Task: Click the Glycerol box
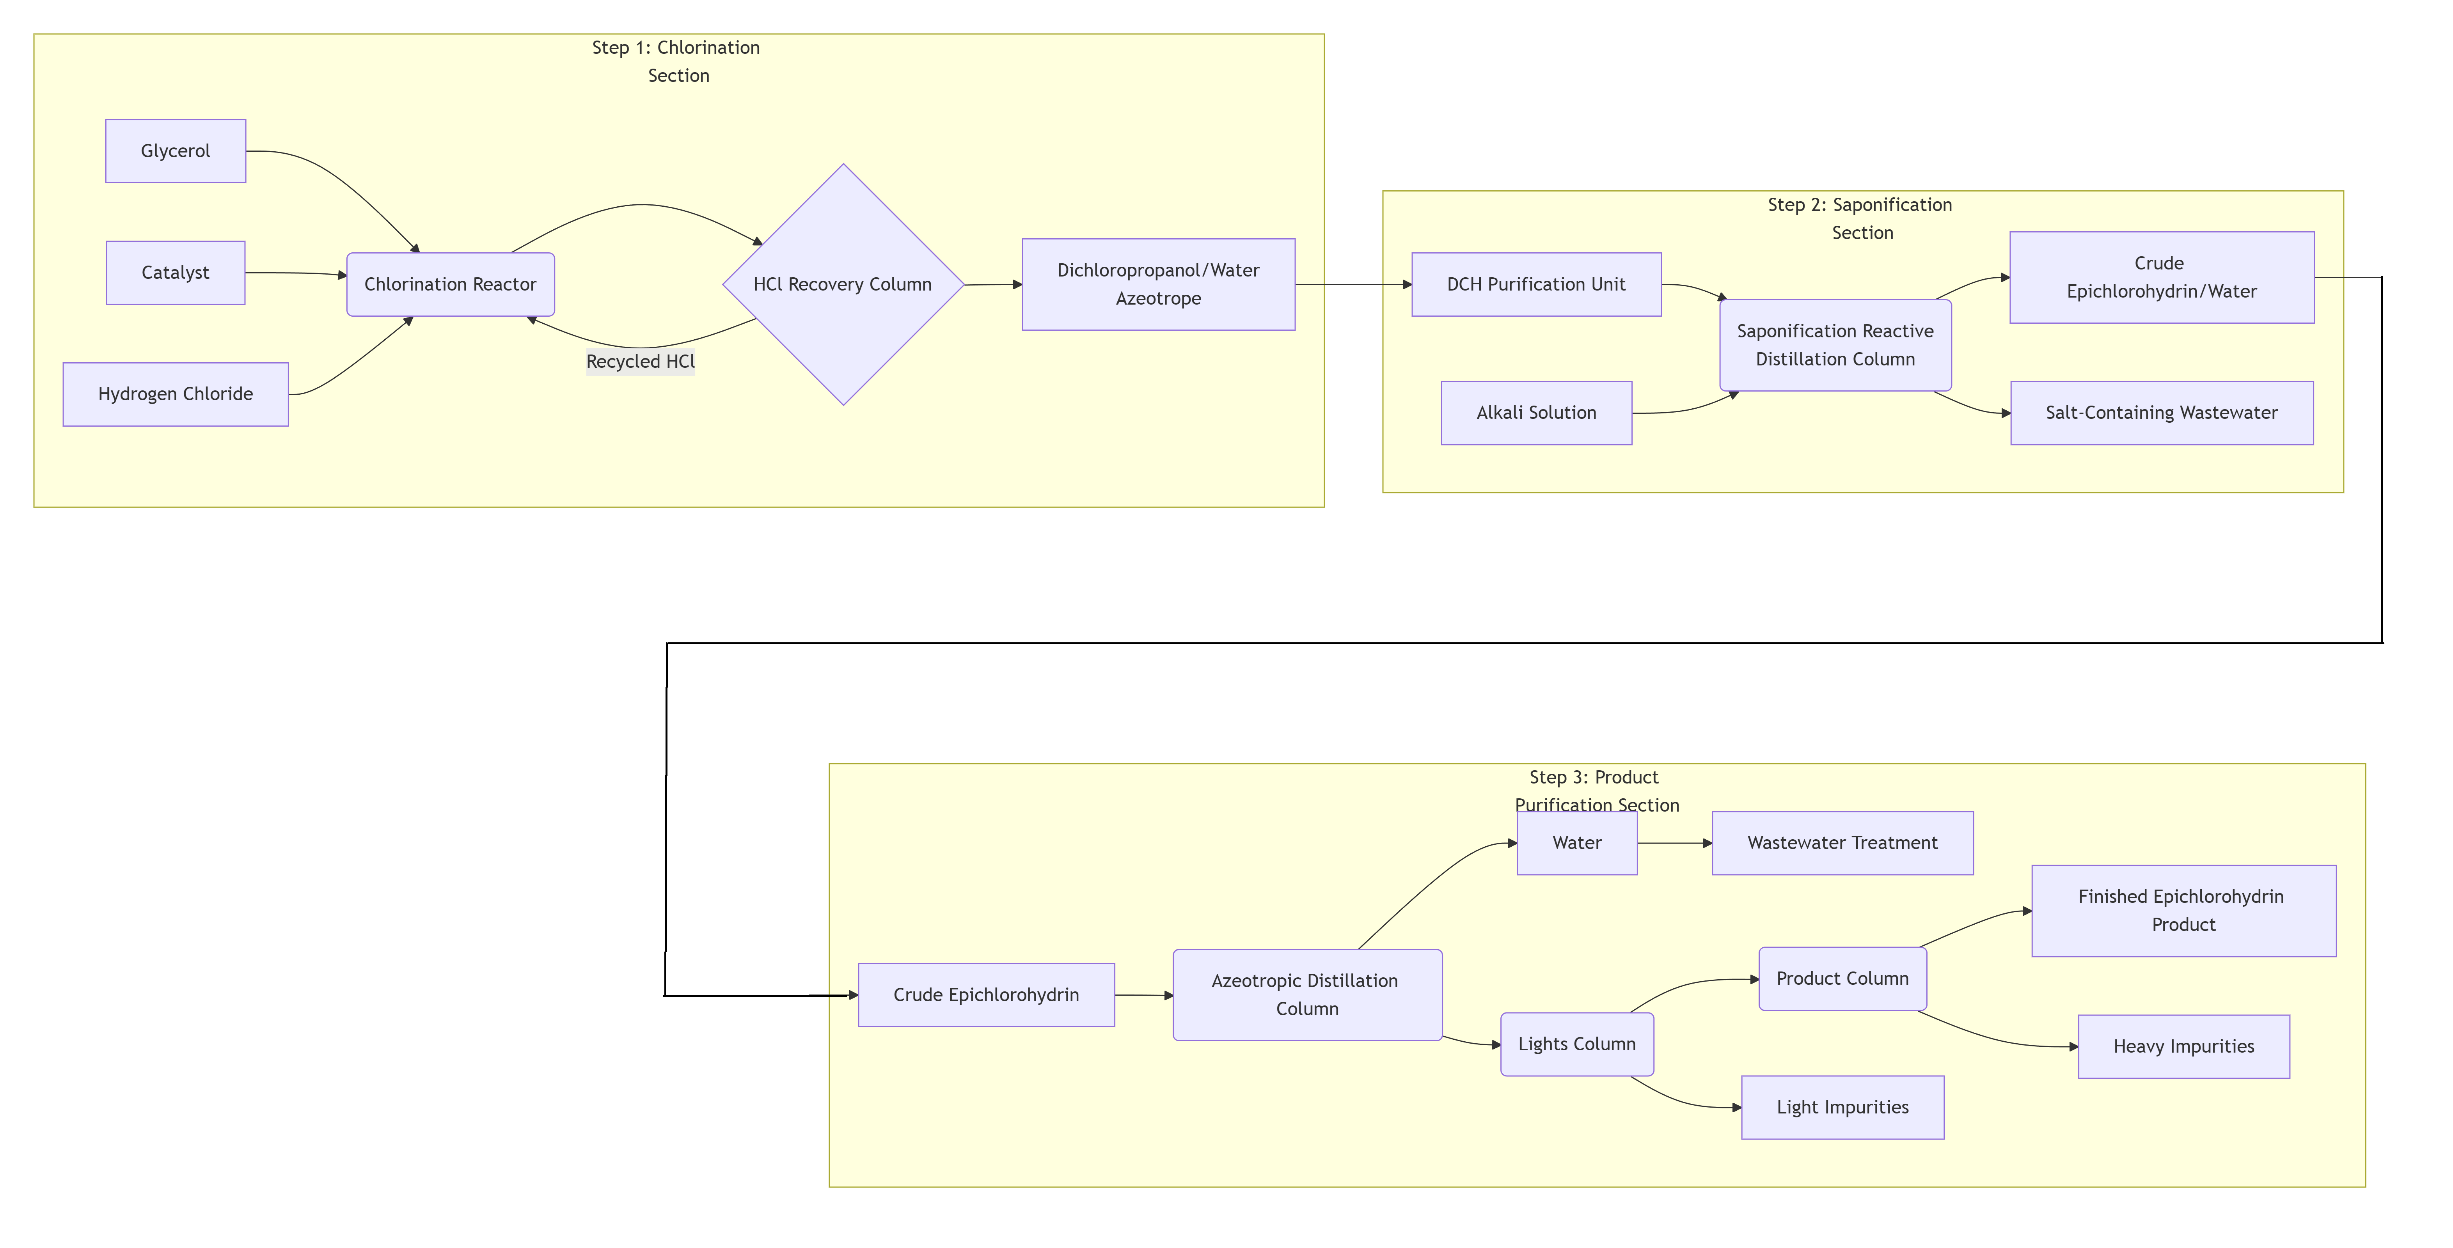pyautogui.click(x=175, y=151)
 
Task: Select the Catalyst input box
pyautogui.click(x=175, y=273)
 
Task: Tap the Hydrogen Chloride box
pyautogui.click(x=175, y=394)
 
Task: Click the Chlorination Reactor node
pyautogui.click(x=451, y=285)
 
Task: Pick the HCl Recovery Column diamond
pyautogui.click(x=843, y=285)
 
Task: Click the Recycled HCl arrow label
pyautogui.click(x=640, y=362)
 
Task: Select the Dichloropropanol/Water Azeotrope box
pyautogui.click(x=1158, y=285)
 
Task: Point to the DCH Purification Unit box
pyautogui.click(x=1536, y=285)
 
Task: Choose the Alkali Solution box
pyautogui.click(x=1536, y=413)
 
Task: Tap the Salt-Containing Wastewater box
pyautogui.click(x=2162, y=413)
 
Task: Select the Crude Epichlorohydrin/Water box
pyautogui.click(x=2162, y=277)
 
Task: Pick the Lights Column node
pyautogui.click(x=1577, y=1044)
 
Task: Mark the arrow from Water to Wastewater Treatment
pyautogui.click(x=1674, y=844)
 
